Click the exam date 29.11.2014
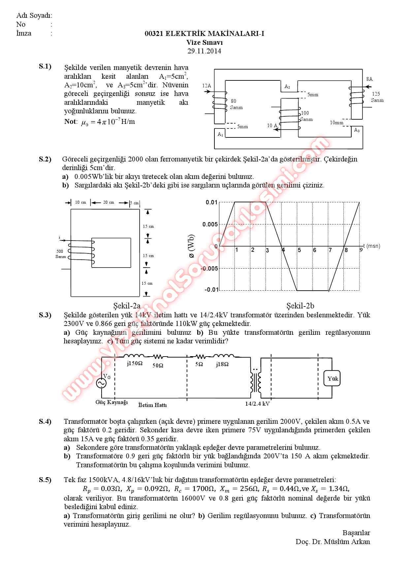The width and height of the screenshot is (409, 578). pos(204,51)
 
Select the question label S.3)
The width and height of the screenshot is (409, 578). pos(45,315)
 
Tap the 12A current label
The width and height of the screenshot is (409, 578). pos(206,86)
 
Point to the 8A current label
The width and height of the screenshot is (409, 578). pos(369,79)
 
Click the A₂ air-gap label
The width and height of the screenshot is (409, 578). pos(287,87)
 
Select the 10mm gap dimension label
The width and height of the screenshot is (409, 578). pos(336,123)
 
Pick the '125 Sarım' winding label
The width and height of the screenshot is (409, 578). pos(377,97)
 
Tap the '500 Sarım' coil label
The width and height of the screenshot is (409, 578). pos(61,254)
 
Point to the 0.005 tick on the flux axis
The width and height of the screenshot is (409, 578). pos(210,224)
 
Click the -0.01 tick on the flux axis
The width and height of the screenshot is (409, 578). pos(211,290)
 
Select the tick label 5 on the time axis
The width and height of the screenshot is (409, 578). pos(299,250)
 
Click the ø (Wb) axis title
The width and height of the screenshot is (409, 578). pos(191,246)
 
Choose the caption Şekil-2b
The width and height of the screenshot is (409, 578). pos(300,306)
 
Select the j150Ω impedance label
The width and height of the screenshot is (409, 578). pos(135,364)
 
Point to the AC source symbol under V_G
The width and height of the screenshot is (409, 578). pos(101,383)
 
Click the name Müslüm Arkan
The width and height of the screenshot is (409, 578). pos(347,541)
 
